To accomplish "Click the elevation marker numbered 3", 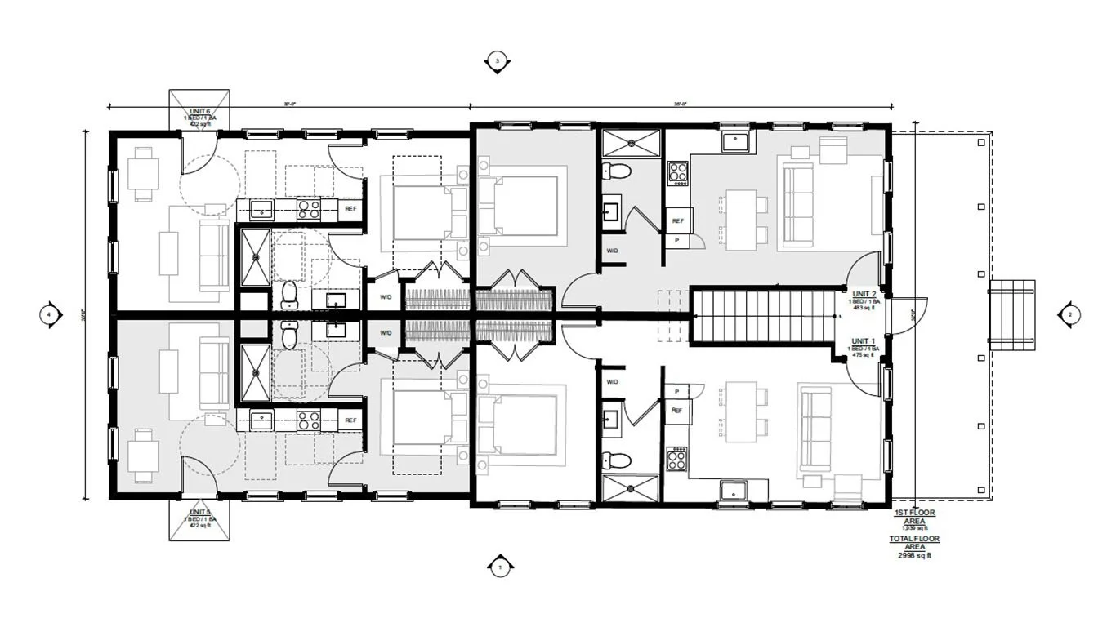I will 497,61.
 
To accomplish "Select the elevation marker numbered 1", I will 498,566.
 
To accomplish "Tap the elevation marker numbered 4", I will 50,313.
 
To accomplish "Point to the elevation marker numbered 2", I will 1069,313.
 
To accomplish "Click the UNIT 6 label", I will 200,111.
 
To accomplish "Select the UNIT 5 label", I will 200,512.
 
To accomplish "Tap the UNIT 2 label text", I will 864,293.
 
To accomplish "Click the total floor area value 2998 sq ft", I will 914,555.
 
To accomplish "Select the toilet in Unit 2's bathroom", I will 618,172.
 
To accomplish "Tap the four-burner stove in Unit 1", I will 677,460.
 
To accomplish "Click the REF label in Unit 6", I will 350,209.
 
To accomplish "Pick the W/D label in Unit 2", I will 612,251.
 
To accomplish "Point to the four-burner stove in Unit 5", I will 308,421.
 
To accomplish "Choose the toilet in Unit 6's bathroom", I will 288,291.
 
